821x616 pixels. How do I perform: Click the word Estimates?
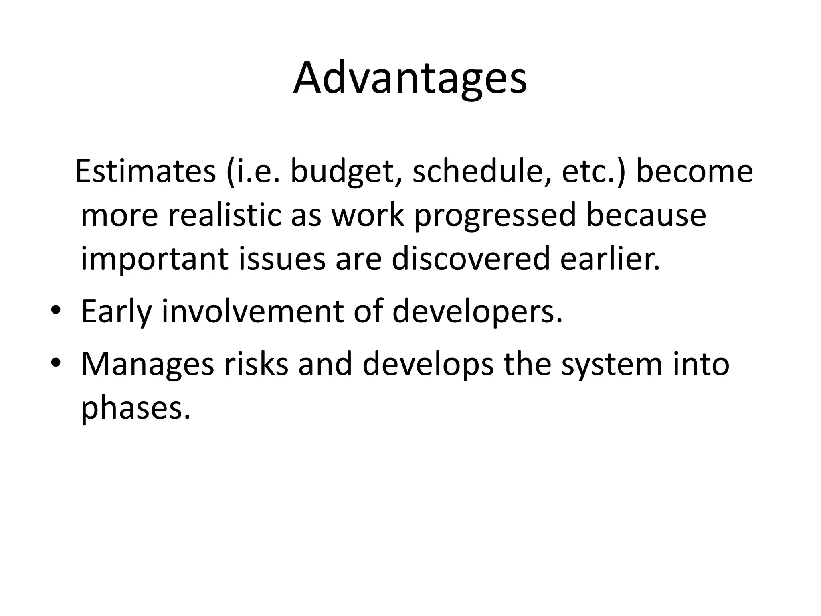tap(146, 172)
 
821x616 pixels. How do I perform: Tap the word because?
tap(646, 215)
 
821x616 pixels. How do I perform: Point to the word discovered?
tap(471, 259)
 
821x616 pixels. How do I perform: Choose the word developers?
tap(477, 313)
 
